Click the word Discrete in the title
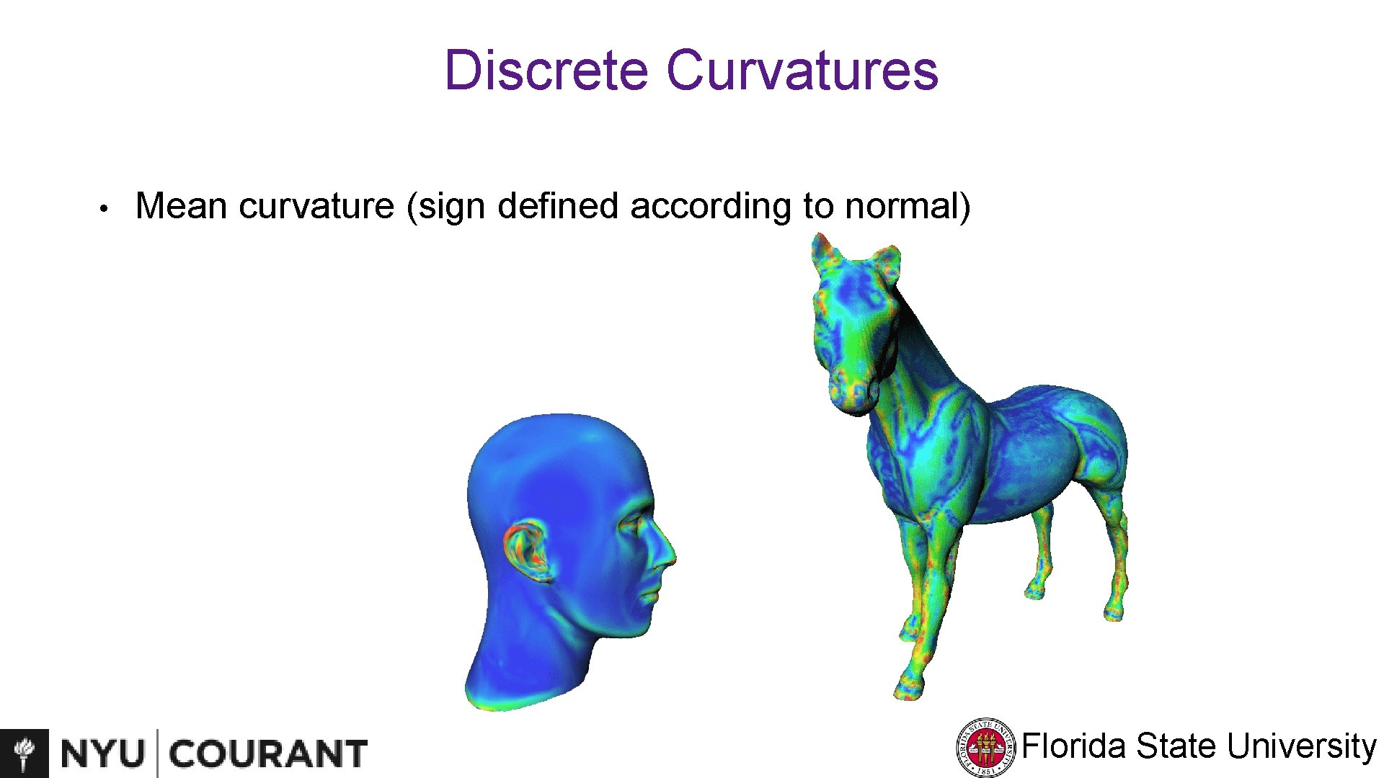pos(546,70)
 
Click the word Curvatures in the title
pos(802,70)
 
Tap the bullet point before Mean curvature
pos(105,209)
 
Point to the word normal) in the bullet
pos(908,206)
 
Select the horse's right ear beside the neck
pos(885,263)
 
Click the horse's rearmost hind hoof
pos(1114,613)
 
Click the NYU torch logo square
pos(25,753)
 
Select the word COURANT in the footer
pos(268,754)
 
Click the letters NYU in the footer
pos(102,754)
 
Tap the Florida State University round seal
pos(985,748)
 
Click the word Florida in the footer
pos(1074,746)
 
